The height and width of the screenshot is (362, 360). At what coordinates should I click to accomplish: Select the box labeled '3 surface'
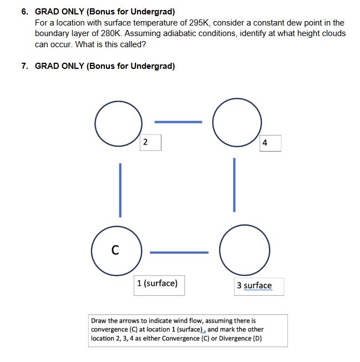(254, 285)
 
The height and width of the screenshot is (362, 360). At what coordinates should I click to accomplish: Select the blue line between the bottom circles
(179, 253)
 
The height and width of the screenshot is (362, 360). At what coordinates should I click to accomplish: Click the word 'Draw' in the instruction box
(98, 321)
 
